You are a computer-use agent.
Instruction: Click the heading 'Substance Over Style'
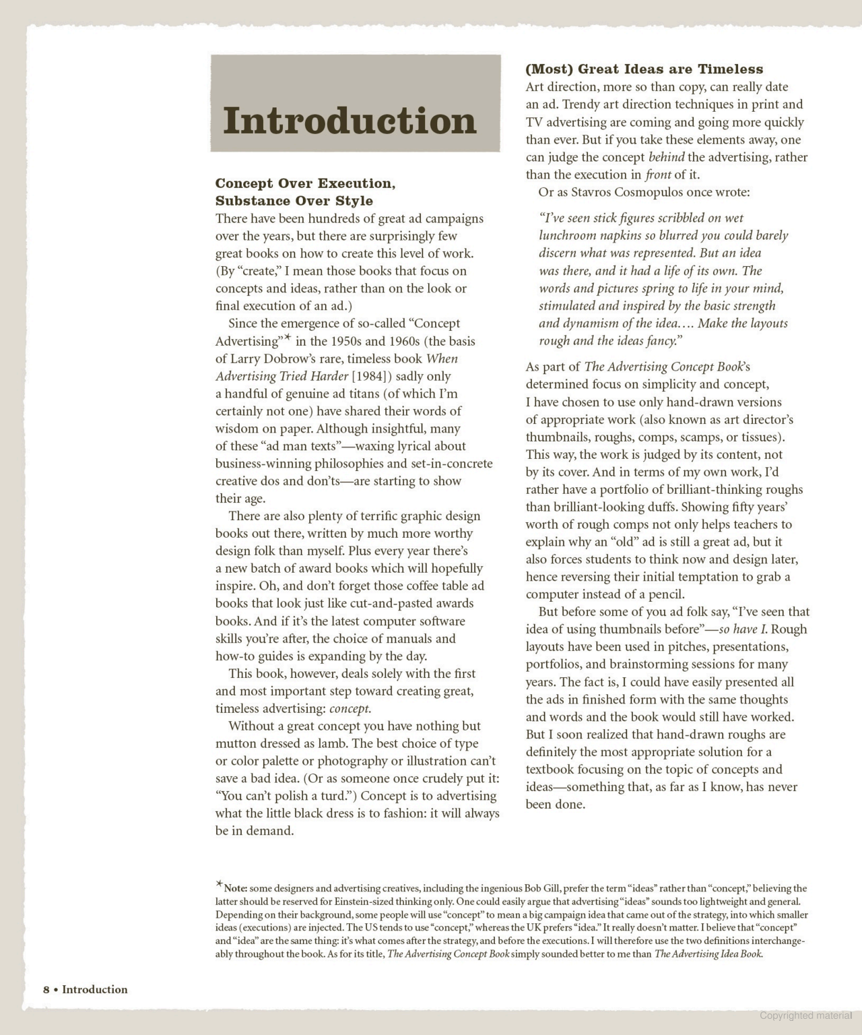click(294, 201)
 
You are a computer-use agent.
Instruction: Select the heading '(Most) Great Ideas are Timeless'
click(644, 69)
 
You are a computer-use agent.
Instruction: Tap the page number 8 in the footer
click(46, 989)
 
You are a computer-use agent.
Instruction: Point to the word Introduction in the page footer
click(94, 989)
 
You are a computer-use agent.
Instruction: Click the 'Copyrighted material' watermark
click(805, 1015)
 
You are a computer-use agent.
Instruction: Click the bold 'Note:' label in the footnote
click(236, 889)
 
